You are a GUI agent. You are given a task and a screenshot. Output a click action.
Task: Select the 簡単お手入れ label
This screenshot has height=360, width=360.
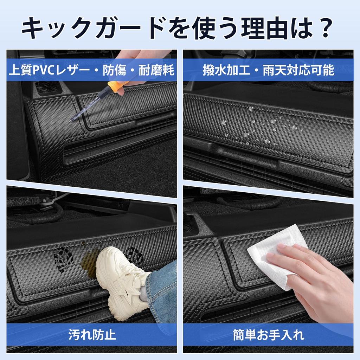pyautogui.click(x=269, y=334)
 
